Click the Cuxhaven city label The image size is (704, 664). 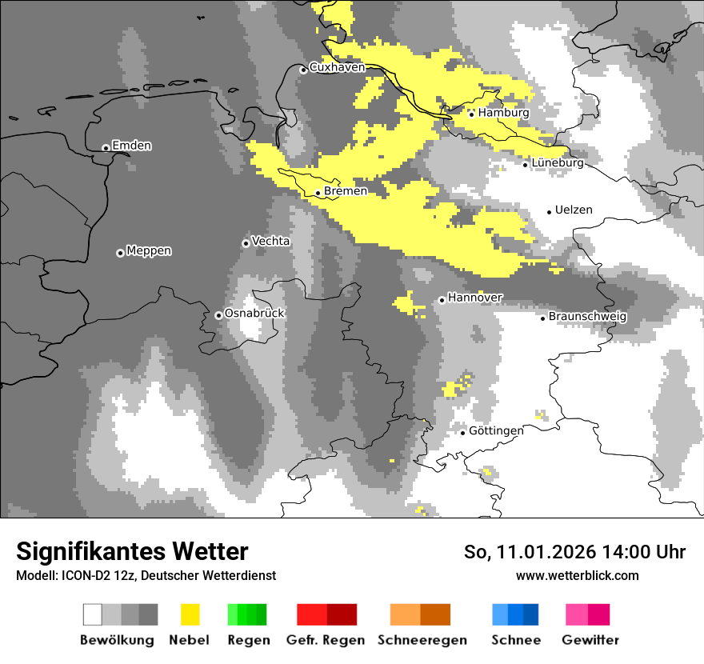pos(337,68)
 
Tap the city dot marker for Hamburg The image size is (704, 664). pos(471,114)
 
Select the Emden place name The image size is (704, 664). pos(131,146)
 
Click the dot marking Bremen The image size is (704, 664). pos(318,193)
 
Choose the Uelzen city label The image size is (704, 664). pos(574,210)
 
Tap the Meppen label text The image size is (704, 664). pos(149,251)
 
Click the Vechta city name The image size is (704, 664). pos(271,242)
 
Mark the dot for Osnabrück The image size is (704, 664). pos(218,315)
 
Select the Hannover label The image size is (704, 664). pos(475,298)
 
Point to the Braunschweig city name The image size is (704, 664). pos(587,317)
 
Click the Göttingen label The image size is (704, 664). pos(496,431)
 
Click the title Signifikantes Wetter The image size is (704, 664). pos(132,552)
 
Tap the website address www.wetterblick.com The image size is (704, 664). pos(577,576)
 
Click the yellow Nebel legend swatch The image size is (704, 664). pos(190,614)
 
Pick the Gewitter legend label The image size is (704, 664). pos(590,640)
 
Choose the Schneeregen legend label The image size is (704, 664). pos(422,640)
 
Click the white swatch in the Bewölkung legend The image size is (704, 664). pos(93,614)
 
